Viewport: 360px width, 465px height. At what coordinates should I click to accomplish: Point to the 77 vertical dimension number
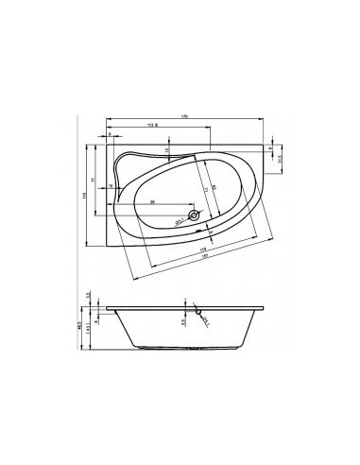pos(93,180)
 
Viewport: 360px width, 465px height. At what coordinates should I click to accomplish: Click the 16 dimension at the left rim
pos(110,187)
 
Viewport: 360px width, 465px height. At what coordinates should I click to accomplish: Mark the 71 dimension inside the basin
pos(206,189)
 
